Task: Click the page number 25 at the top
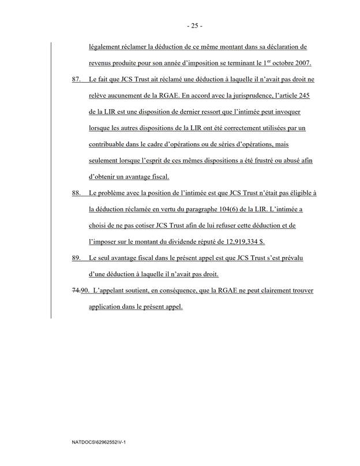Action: point(179,26)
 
